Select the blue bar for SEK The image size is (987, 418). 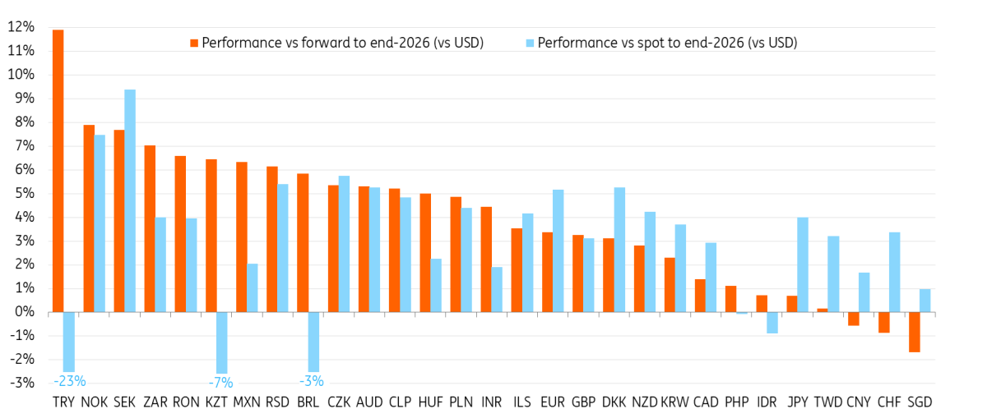130,200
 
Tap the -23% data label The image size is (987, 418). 69,381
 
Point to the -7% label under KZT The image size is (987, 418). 221,382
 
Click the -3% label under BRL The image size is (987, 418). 313,381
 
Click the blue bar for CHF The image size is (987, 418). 895,272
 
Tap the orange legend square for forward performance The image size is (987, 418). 195,43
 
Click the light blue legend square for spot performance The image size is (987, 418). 531,43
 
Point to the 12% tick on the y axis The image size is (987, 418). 21,27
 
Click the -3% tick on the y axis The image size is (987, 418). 21,384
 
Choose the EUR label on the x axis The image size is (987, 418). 552,402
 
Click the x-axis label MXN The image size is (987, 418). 247,402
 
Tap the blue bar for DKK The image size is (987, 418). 619,250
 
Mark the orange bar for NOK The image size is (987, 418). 89,218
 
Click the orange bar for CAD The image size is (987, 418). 700,296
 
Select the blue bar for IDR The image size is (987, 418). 772,322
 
